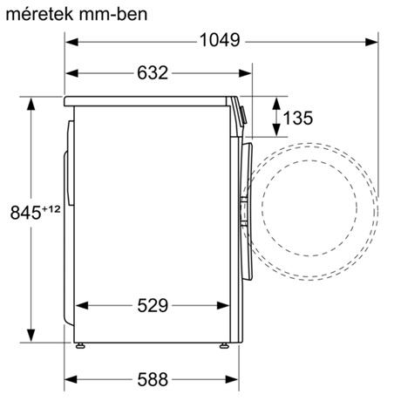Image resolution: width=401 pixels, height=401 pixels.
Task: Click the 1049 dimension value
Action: point(221,41)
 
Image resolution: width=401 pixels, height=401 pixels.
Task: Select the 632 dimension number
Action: point(152,73)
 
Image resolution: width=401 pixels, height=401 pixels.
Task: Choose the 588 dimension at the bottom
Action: point(152,379)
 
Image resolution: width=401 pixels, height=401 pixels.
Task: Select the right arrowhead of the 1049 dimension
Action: point(375,41)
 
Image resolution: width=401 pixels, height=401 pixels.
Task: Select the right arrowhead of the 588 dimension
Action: point(234,379)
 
